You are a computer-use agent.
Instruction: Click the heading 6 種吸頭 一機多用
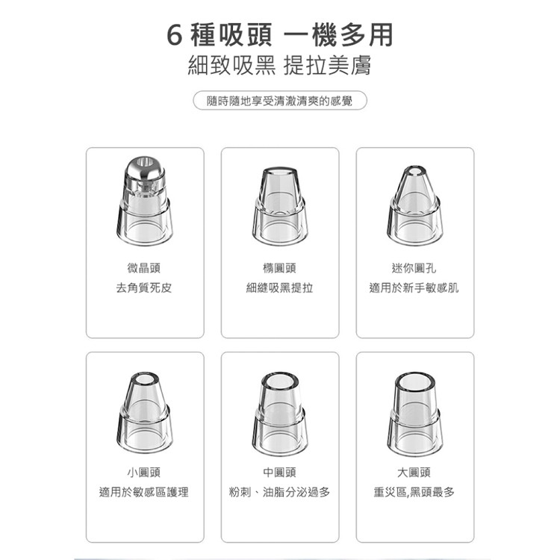pos(279,35)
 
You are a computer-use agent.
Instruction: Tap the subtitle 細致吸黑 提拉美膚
pos(279,67)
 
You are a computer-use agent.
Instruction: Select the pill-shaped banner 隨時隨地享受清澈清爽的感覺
pos(279,100)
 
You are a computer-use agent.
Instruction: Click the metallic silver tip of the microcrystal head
pos(144,172)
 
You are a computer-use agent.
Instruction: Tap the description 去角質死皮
pos(144,287)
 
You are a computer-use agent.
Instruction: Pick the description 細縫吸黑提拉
pos(279,287)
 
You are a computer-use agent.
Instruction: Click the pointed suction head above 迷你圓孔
pos(415,202)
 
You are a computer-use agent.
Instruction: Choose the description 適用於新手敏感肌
pos(415,287)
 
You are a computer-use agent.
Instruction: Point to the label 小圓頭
pos(144,472)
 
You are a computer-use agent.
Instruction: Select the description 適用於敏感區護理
pos(144,491)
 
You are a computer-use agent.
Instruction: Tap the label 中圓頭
pos(279,472)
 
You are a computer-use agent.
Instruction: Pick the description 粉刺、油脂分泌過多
pos(279,491)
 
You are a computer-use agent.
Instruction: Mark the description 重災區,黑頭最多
pos(415,491)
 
